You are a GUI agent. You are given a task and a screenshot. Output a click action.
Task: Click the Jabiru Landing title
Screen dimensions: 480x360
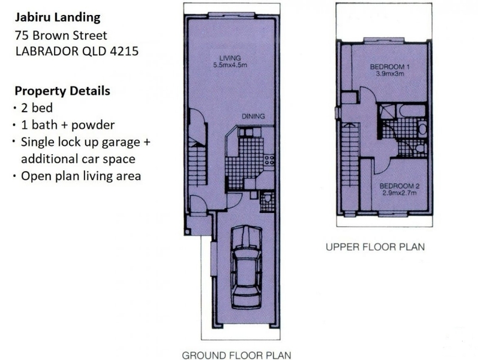point(58,17)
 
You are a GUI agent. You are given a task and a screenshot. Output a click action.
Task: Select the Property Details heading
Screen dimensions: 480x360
point(62,91)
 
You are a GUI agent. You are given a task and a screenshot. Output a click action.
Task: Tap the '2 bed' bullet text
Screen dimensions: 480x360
point(37,108)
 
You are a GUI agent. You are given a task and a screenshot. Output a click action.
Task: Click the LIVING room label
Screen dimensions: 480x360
point(230,58)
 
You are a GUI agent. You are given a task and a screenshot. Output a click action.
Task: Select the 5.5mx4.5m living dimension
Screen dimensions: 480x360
point(230,65)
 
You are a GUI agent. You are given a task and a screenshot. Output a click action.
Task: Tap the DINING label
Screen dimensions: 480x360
point(253,116)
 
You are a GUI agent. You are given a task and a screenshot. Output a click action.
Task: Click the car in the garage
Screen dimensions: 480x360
point(247,267)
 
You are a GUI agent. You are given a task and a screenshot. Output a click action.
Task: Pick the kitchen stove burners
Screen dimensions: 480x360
point(269,160)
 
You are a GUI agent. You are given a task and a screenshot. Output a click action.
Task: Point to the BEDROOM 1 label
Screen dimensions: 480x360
point(389,67)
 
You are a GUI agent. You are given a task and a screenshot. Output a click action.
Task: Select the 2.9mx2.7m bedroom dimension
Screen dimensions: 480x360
point(400,193)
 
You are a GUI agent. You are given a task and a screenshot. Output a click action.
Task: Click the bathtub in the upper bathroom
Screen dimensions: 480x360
point(412,111)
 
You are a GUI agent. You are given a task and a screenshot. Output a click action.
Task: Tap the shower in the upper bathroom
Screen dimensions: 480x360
point(388,112)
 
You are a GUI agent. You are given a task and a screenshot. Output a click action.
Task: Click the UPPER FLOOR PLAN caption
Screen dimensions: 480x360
point(376,247)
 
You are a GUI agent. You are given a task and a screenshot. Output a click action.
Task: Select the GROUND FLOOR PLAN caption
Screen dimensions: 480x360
point(236,355)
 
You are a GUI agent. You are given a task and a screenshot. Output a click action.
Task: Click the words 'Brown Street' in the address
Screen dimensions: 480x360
point(70,35)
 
